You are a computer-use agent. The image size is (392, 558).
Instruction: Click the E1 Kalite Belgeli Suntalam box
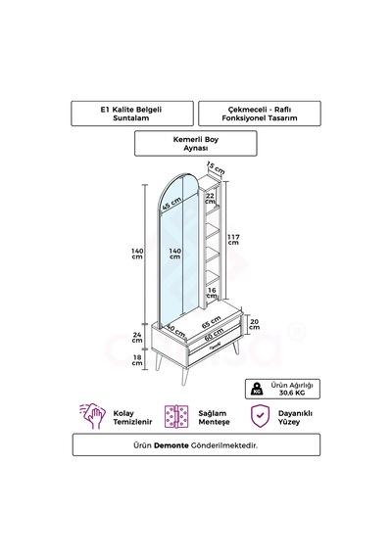pos(132,114)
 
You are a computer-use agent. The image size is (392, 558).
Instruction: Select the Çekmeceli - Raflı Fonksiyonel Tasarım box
pos(260,114)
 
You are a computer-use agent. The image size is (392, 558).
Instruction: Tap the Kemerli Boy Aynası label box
pos(196,143)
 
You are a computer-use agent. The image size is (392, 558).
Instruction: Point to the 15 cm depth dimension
pos(216,167)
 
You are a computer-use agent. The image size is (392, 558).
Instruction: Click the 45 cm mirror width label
pos(171,204)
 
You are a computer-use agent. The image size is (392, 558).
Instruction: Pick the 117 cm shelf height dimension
pos(233,240)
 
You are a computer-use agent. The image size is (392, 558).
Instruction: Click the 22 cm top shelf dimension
pos(211,199)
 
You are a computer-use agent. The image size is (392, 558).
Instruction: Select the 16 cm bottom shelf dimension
pos(212,293)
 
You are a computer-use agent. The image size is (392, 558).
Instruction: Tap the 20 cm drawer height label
pos(255,324)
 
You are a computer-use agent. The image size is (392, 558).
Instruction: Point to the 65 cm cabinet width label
pos(212,322)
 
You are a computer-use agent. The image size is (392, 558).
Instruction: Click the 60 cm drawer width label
pos(215,334)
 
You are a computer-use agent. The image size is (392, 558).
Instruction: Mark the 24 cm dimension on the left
pos(137,337)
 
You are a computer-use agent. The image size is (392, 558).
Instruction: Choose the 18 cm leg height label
pos(137,360)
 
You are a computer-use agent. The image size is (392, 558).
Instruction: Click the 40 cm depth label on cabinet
pos(175,331)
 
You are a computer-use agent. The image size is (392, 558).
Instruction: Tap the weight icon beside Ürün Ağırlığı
pos(257,389)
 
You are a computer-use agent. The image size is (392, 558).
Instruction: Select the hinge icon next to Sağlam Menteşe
pos(176,416)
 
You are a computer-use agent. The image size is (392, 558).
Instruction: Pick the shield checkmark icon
pos(260,415)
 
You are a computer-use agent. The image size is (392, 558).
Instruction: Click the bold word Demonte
pos(171,445)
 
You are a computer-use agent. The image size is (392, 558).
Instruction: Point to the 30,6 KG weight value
pos(292,393)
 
